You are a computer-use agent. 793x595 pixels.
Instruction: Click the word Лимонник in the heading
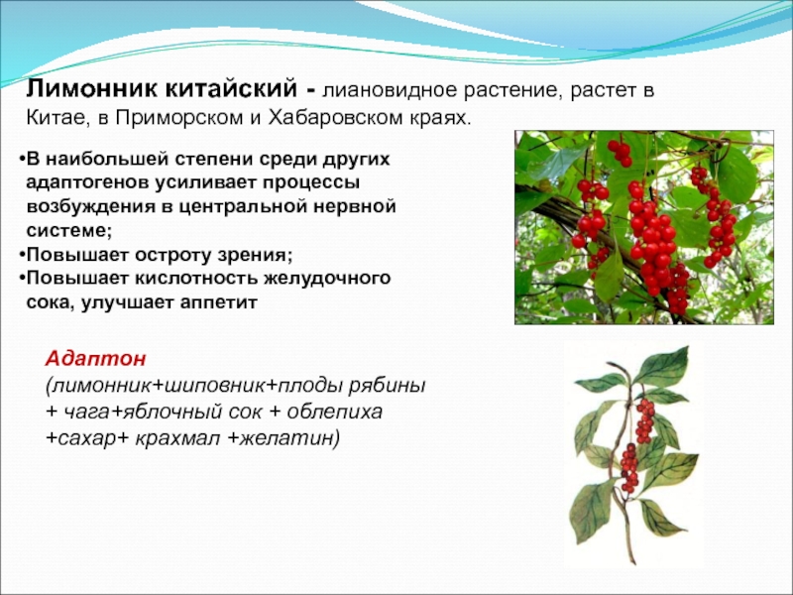point(89,88)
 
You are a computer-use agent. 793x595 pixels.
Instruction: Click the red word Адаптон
point(96,359)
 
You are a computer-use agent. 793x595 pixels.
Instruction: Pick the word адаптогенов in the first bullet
point(87,182)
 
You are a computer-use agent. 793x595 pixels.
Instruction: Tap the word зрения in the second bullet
point(253,255)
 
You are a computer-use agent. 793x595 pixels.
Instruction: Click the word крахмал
point(177,438)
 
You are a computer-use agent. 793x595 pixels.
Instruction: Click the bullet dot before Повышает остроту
point(22,255)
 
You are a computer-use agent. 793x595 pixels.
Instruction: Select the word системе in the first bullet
point(68,231)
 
